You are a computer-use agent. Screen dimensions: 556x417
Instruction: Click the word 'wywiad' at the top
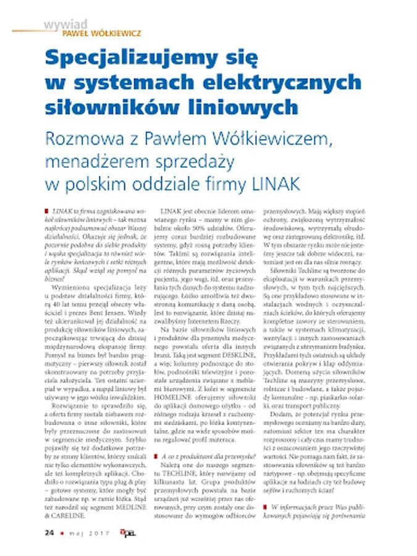[x=64, y=24]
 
